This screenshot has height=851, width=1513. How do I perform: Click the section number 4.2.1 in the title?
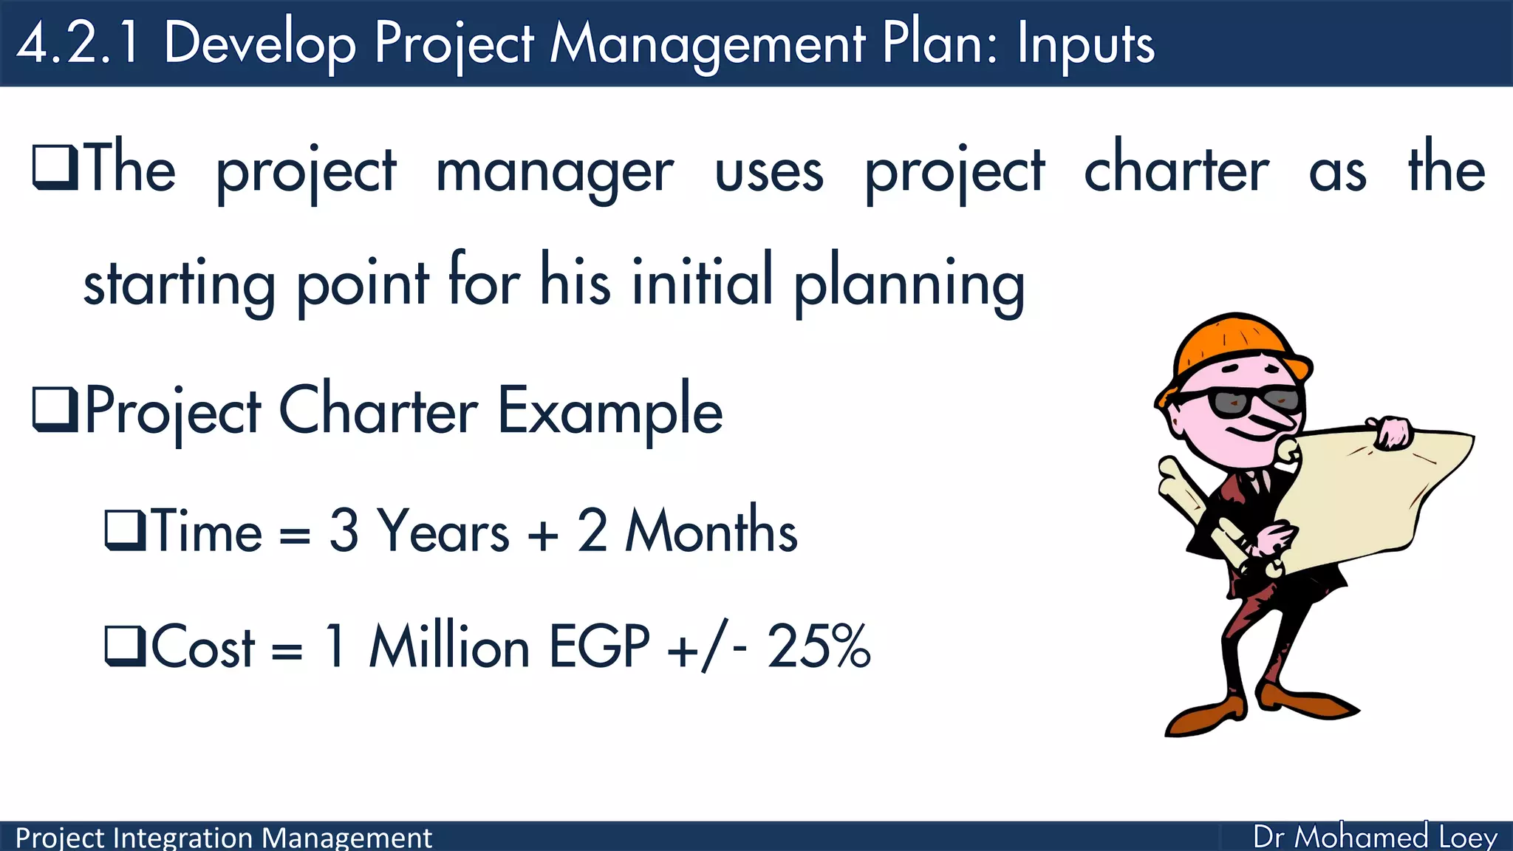(78, 43)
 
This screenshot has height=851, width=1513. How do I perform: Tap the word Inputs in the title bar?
(1085, 44)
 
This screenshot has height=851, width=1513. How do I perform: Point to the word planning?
(909, 285)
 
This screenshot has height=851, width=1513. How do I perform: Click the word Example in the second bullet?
(610, 411)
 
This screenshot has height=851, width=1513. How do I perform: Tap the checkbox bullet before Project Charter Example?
(55, 410)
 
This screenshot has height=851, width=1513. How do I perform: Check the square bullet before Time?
(126, 530)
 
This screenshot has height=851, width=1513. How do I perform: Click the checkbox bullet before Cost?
(126, 646)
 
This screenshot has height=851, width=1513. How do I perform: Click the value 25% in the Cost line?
(819, 646)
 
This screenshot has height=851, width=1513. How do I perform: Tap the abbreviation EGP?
(599, 646)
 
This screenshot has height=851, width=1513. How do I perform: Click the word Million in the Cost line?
(449, 646)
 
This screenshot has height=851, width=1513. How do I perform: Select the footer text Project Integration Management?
(223, 838)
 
